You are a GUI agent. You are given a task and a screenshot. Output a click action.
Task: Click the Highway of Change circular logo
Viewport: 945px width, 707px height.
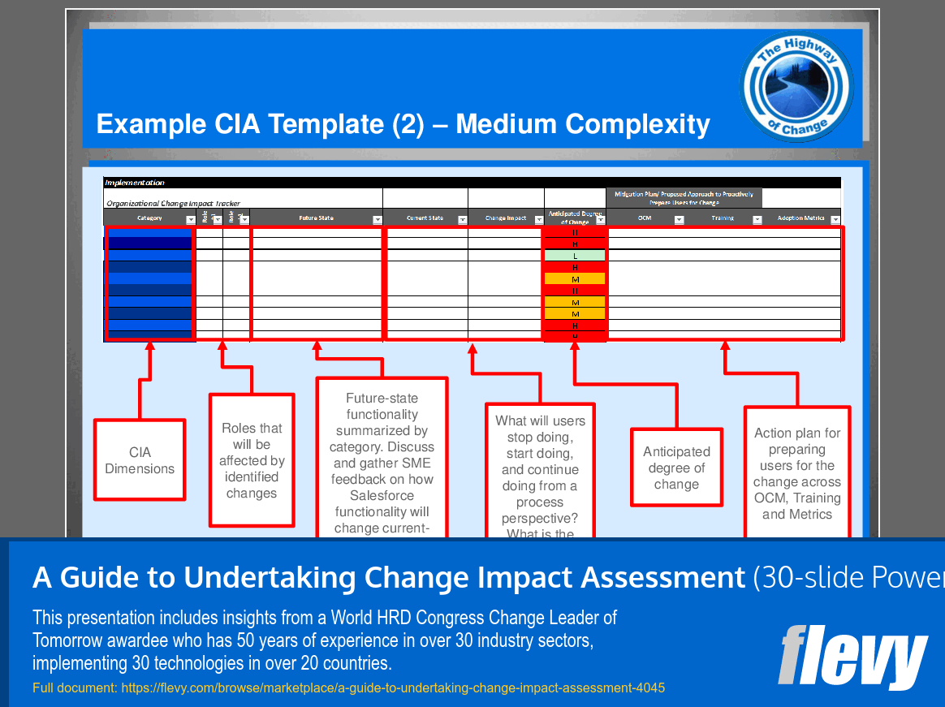796,87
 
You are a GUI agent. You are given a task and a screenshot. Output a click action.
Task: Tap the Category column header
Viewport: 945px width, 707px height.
149,218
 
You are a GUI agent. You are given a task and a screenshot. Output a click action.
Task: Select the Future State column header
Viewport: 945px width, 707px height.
316,218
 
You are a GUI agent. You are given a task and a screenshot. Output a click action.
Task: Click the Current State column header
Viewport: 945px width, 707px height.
425,218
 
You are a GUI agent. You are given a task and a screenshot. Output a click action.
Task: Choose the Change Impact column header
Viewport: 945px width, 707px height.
506,218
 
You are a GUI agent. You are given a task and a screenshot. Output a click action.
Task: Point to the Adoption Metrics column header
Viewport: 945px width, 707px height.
800,218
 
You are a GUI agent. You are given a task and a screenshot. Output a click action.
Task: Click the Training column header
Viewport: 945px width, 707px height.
723,218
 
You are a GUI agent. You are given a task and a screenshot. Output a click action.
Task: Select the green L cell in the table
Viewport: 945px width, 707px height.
575,256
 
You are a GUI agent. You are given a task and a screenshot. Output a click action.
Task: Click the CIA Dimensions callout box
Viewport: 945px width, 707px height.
140,460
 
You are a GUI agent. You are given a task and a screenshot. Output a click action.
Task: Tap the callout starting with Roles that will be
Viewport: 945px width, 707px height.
252,460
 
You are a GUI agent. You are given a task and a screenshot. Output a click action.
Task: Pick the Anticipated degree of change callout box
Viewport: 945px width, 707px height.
676,468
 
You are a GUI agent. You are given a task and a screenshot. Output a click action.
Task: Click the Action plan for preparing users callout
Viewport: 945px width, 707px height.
797,474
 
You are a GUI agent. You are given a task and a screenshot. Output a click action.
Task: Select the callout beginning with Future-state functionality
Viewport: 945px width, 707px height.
382,463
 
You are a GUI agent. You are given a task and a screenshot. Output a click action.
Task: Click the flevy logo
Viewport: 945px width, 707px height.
852,656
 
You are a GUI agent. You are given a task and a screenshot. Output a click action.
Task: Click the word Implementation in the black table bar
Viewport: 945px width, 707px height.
135,183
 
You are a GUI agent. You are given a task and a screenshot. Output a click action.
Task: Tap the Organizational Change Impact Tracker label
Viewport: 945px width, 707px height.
173,204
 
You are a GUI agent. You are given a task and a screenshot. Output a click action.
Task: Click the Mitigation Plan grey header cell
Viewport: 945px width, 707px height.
684,198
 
